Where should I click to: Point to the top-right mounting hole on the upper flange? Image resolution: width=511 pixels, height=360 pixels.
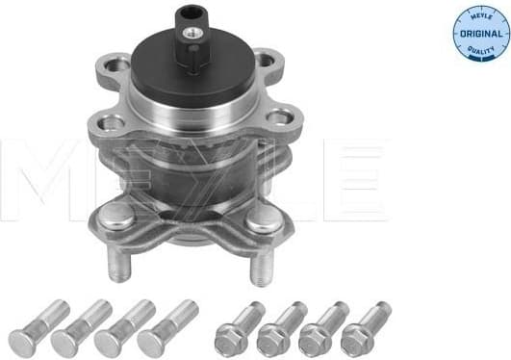pyautogui.click(x=264, y=61)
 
